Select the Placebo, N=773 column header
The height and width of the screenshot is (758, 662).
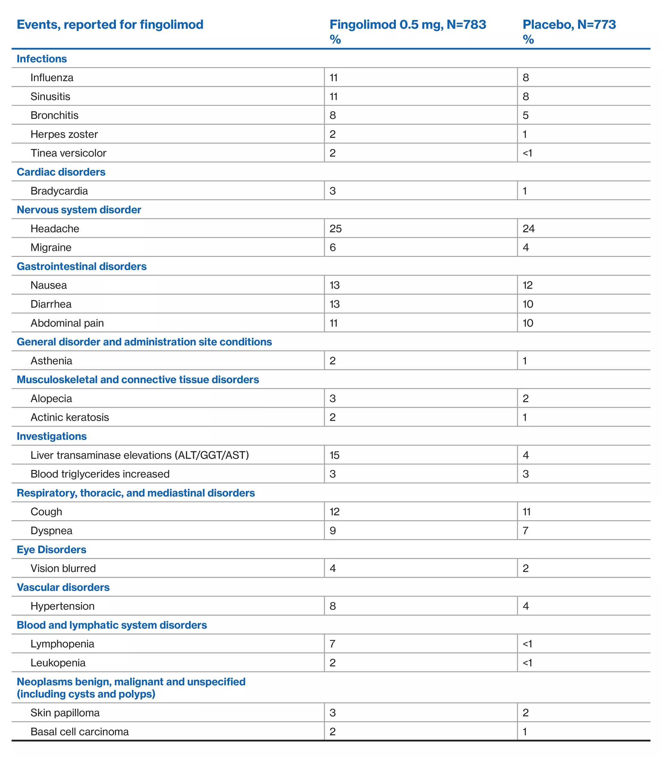point(569,25)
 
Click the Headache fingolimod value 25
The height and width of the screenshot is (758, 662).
point(335,229)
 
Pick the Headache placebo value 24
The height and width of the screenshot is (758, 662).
point(528,229)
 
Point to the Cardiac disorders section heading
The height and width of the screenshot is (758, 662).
point(61,172)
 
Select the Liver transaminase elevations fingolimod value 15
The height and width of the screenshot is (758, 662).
point(334,455)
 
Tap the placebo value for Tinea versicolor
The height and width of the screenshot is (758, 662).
point(527,153)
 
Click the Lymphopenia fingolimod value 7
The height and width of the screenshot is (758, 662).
point(332,644)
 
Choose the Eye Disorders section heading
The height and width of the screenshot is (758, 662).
point(51,549)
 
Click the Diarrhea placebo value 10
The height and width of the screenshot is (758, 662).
point(528,304)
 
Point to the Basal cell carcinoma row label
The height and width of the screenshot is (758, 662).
point(79,731)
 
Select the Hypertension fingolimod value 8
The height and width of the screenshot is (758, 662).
point(332,606)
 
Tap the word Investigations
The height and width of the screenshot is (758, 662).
point(51,436)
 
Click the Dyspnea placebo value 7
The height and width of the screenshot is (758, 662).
point(525,531)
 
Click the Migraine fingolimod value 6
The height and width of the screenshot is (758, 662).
point(332,247)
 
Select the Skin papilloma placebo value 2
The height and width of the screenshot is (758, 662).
point(525,713)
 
